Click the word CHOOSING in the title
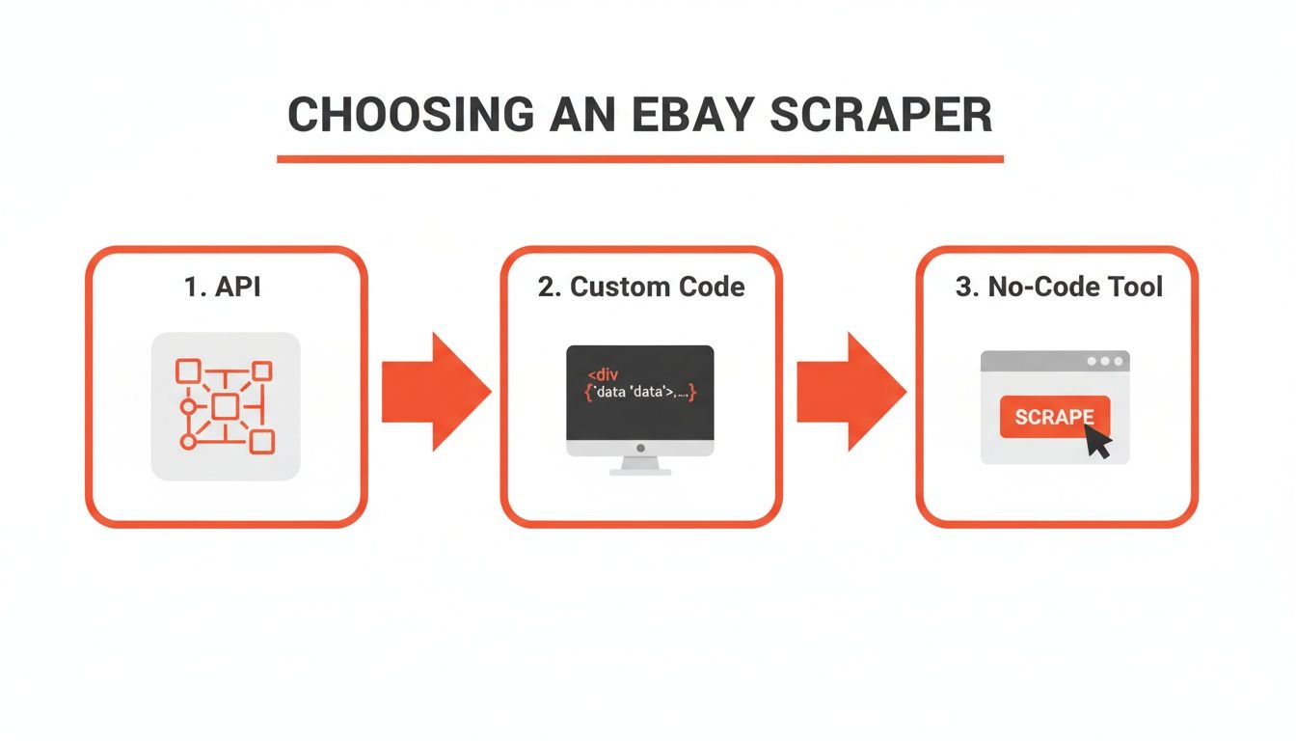(x=410, y=115)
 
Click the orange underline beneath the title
(x=640, y=158)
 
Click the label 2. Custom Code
(x=641, y=287)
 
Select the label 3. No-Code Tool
(x=1059, y=287)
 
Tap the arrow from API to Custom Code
(x=435, y=392)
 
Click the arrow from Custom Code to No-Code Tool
(x=850, y=392)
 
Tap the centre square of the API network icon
(x=225, y=406)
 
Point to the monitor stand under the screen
(x=640, y=465)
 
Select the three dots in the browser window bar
(x=1105, y=362)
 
